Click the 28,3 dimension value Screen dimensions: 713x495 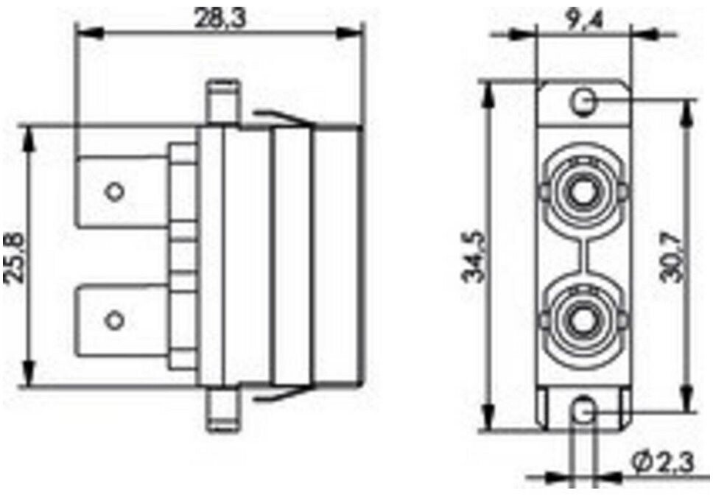click(x=219, y=18)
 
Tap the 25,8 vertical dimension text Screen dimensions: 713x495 click(x=15, y=258)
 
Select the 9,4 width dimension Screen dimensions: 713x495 click(x=585, y=19)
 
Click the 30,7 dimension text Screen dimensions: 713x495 click(x=672, y=257)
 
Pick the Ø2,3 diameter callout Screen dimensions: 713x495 click(x=664, y=462)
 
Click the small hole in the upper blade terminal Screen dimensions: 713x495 click(x=114, y=192)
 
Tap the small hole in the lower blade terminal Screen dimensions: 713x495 click(x=114, y=320)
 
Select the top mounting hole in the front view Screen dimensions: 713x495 click(x=583, y=101)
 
